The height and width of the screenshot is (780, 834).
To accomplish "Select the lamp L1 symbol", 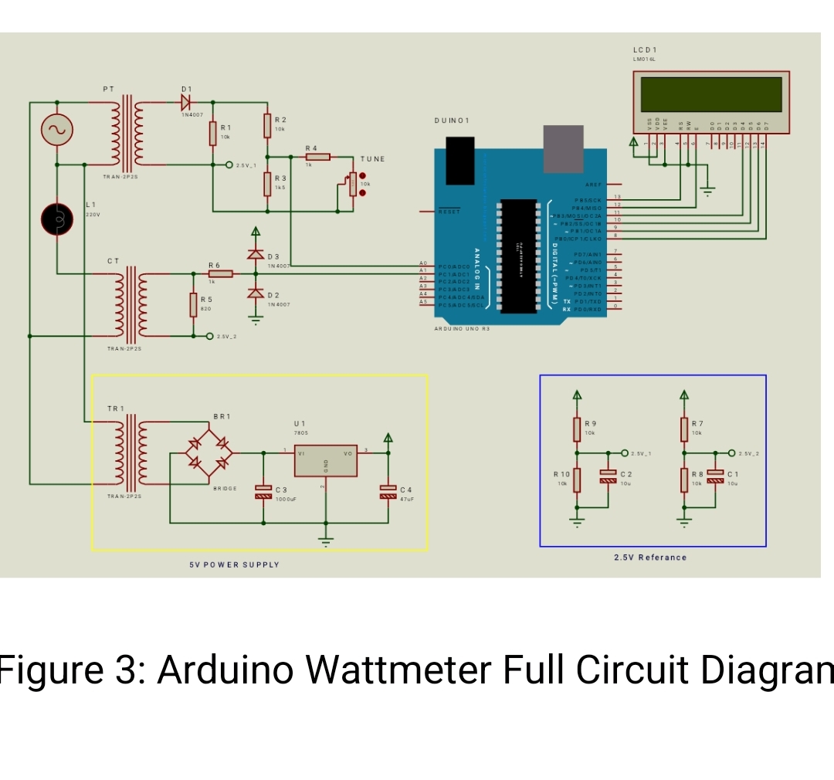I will coord(57,219).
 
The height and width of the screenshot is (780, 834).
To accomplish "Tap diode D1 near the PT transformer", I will coord(186,101).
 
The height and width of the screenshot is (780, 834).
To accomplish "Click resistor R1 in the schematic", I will coord(212,133).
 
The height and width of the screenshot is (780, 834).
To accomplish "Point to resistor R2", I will coord(267,125).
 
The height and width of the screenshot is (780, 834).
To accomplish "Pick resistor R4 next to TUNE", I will coord(317,157).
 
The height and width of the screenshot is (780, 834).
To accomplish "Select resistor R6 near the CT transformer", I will coord(219,273).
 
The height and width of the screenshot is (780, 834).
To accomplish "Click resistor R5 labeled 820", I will coord(193,304).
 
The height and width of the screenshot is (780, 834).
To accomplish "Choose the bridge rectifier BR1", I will coord(208,453).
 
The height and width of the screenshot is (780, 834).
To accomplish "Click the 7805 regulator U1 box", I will coord(325,461).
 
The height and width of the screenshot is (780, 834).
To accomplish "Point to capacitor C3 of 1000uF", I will coord(263,491).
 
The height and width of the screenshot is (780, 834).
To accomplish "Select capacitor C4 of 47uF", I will coord(388,490).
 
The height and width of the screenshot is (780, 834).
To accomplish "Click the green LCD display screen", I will coord(711,93).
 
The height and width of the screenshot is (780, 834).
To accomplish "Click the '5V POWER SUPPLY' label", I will coord(235,565).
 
